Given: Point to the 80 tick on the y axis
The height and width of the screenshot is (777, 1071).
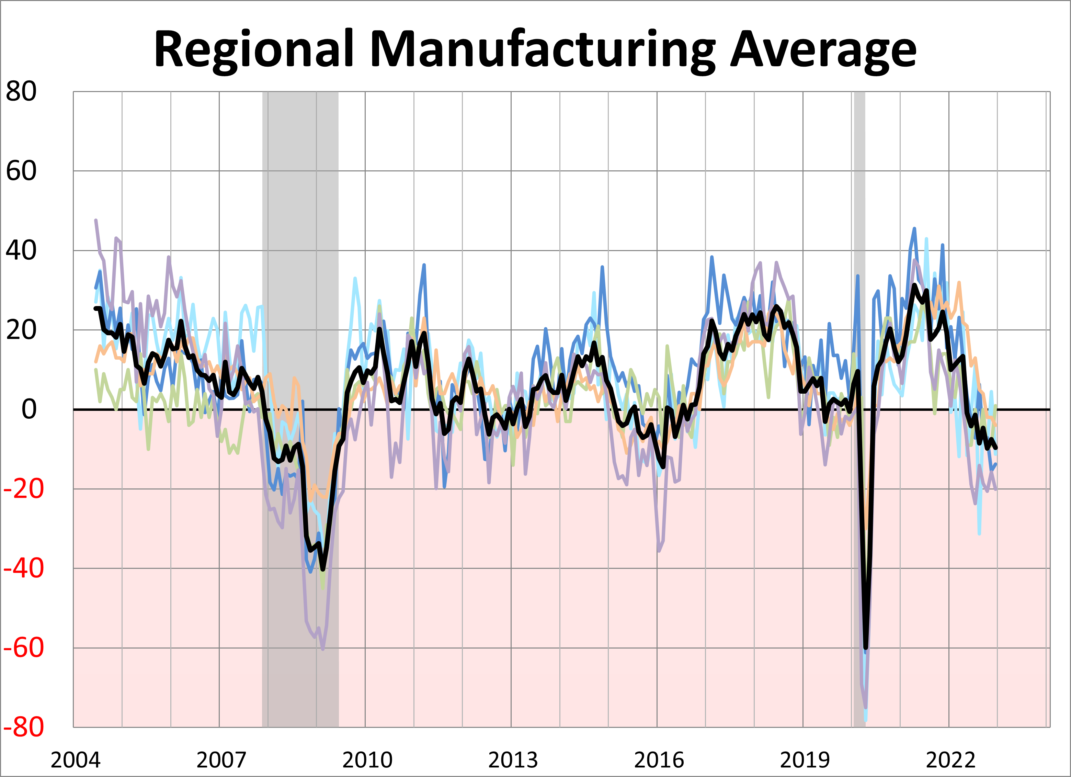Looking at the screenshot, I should (21, 91).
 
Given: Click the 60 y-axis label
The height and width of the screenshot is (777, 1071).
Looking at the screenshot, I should (21, 171).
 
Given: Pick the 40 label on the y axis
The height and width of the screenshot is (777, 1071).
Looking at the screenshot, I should (21, 250).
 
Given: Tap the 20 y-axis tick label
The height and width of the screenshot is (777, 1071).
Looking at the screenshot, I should (21, 330).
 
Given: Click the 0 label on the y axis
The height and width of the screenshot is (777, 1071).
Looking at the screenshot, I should (29, 409).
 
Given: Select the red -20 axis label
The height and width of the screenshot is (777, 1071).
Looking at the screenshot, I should (24, 489).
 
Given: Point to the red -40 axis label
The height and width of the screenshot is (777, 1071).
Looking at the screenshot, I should (24, 568).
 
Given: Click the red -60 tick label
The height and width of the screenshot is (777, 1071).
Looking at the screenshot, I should (24, 647).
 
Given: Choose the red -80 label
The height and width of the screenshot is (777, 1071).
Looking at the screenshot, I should (24, 727).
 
